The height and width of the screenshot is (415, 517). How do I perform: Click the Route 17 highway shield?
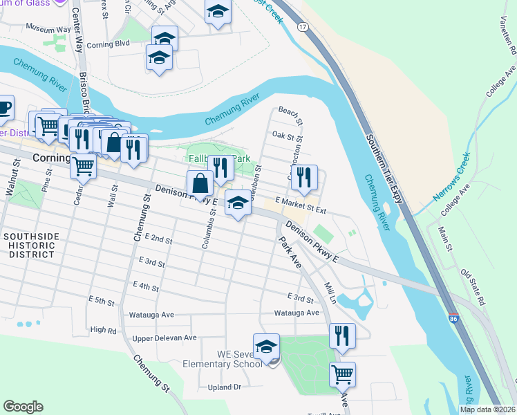coord(302,26)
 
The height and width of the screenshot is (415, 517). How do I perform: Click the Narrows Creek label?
coord(453,176)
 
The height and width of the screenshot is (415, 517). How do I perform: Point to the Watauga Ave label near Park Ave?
coord(294,313)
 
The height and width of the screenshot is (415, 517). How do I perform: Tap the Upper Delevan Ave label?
coord(164,338)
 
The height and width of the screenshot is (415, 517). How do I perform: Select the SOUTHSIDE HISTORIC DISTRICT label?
coord(28,246)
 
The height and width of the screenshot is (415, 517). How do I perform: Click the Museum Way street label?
coord(48,28)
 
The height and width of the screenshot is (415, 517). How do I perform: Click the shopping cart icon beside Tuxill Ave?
coord(343,374)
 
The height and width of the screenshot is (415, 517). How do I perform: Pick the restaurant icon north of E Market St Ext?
coord(304,177)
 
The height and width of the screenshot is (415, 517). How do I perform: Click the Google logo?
coord(23,407)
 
